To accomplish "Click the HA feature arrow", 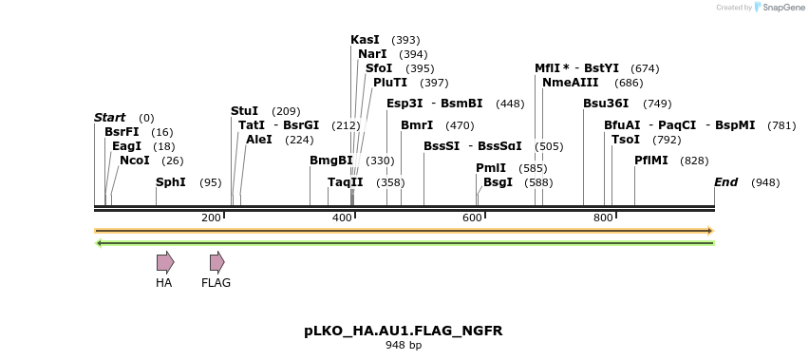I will (x=165, y=262).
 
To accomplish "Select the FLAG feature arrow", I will (x=216, y=262).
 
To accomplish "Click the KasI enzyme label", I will (x=365, y=40).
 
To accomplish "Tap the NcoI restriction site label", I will (x=135, y=161).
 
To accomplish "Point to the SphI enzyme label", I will (x=171, y=181).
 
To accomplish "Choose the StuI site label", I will (x=245, y=111).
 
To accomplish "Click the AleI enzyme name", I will (x=259, y=140).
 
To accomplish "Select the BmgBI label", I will (x=331, y=161).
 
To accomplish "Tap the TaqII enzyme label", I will (x=346, y=181).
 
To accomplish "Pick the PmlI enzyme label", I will (x=491, y=167).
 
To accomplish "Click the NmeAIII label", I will (x=566, y=83).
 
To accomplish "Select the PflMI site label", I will (x=651, y=161).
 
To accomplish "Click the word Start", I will (x=109, y=118).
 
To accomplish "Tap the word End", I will (x=725, y=181).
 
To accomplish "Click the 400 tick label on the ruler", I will (x=342, y=218).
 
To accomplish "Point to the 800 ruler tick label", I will (x=603, y=218).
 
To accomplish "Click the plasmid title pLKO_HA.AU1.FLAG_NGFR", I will (x=404, y=331).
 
